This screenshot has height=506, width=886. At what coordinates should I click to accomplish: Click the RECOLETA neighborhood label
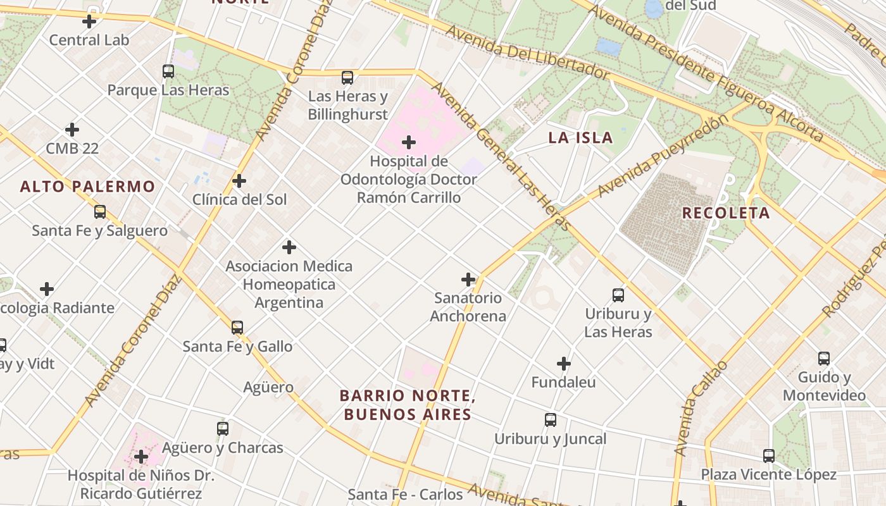click(x=725, y=213)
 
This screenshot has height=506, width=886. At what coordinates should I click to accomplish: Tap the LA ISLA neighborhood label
click(x=580, y=138)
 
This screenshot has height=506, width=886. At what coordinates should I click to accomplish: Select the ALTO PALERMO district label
click(x=87, y=187)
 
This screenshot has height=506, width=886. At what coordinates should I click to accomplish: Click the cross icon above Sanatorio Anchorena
click(x=468, y=279)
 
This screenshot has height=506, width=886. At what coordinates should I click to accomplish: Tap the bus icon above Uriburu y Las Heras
click(x=618, y=295)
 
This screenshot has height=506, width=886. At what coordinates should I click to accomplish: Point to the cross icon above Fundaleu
click(x=563, y=364)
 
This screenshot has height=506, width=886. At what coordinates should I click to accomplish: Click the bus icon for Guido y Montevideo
click(x=823, y=359)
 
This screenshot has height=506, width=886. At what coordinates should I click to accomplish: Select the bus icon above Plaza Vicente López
click(x=768, y=455)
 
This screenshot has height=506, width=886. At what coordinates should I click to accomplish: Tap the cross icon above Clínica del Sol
click(x=239, y=181)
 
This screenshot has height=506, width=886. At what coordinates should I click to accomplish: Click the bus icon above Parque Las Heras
click(x=168, y=71)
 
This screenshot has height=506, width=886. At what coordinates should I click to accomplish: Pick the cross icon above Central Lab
click(x=89, y=22)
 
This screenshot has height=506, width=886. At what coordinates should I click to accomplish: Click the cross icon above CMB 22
click(x=72, y=130)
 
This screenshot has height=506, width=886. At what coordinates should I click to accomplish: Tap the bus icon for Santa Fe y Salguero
click(x=100, y=212)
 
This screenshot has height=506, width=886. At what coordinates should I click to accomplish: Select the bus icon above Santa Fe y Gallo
click(x=237, y=328)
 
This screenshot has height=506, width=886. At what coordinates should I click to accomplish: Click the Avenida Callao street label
click(x=701, y=408)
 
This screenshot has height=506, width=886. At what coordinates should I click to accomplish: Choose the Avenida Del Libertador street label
click(x=527, y=53)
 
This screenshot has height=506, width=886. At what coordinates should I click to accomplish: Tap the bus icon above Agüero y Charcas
click(x=222, y=429)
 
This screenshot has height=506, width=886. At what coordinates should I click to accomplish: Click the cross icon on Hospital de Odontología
click(x=409, y=142)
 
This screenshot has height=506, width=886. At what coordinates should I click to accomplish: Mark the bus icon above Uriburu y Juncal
click(x=551, y=420)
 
